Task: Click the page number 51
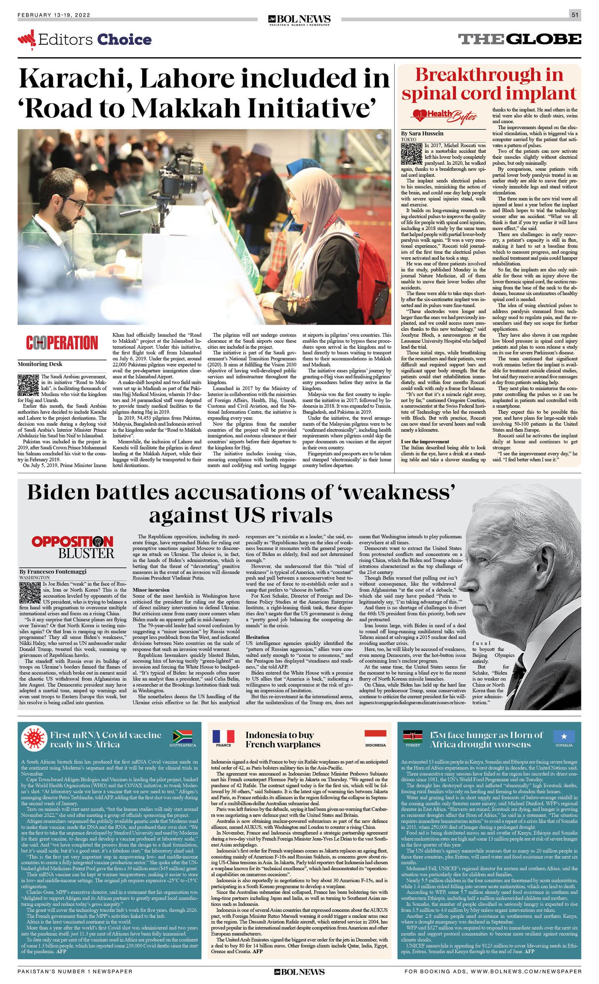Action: pyautogui.click(x=575, y=15)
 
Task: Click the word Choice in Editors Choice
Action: pyautogui.click(x=124, y=40)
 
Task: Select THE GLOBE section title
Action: pyautogui.click(x=519, y=39)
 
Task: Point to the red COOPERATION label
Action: pyautogui.click(x=62, y=343)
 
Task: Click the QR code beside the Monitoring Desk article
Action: pyautogui.click(x=29, y=385)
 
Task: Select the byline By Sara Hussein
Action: pyautogui.click(x=422, y=133)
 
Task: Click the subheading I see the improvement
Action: pyautogui.click(x=425, y=441)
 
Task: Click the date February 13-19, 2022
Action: pyautogui.click(x=54, y=15)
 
